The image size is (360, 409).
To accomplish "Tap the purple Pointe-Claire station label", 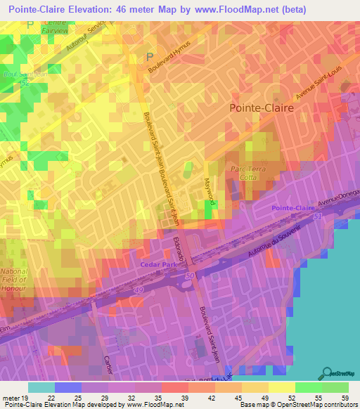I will tap(293, 208).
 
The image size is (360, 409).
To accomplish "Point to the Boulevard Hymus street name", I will tap(171, 60).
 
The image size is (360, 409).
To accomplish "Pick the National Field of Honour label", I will tap(13, 280).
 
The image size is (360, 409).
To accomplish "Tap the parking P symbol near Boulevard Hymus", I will tap(148, 56).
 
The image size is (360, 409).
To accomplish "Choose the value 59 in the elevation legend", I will tap(345, 398).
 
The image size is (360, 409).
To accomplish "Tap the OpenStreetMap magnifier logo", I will tap(327, 372).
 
